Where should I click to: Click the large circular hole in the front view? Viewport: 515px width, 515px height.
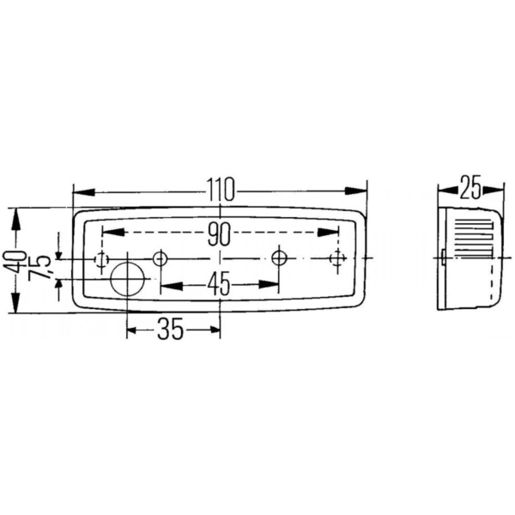[x=129, y=278]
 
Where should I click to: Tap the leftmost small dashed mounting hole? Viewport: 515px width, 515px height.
[x=101, y=258]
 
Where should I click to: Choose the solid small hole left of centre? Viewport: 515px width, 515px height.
[x=159, y=258]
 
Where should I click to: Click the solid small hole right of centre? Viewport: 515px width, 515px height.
[x=279, y=258]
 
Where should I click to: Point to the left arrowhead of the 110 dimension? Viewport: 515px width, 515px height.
[x=80, y=191]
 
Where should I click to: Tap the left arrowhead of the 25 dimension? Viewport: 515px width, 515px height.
[x=443, y=190]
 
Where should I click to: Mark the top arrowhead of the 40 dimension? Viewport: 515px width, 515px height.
[x=15, y=215]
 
